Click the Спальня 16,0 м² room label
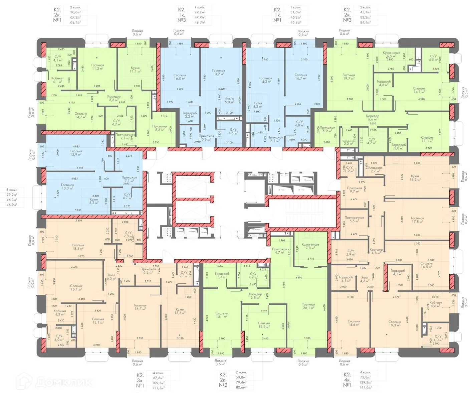(180, 77)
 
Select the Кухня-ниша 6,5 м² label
(392, 54)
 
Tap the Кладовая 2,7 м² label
(375, 169)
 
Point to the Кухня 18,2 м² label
(415, 177)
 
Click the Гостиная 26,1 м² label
(309, 306)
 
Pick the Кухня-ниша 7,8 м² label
(310, 246)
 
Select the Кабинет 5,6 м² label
(436, 304)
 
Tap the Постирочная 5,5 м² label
(354, 219)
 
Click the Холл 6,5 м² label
(111, 277)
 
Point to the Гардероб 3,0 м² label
(399, 146)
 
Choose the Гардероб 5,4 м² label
(222, 275)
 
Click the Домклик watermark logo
(55, 381)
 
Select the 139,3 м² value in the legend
(366, 382)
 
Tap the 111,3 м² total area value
(159, 388)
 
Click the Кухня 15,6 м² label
(180, 311)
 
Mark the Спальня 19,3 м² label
(394, 323)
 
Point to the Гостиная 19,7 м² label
(349, 77)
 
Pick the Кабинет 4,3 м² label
(60, 312)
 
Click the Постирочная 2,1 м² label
(125, 136)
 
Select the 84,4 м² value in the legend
(365, 22)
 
